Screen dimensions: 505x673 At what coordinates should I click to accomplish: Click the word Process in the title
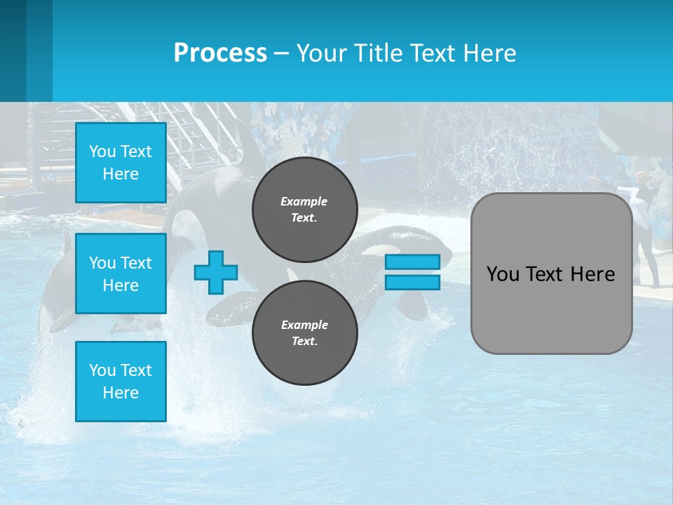tap(220, 53)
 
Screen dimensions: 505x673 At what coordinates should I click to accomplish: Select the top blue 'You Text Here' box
tap(121, 163)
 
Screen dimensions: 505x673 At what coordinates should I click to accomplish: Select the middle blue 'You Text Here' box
tap(121, 274)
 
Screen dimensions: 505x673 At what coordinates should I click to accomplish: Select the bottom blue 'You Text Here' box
tap(121, 382)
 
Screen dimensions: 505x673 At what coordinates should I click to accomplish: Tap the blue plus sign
tap(216, 272)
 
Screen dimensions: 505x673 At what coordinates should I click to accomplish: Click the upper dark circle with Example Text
tap(304, 209)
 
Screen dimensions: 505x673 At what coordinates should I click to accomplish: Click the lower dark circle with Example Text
tap(304, 332)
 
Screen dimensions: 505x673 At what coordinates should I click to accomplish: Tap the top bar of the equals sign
tap(412, 262)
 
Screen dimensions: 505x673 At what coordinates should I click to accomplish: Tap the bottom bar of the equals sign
tap(412, 282)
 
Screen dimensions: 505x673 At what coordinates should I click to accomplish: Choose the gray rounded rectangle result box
tap(551, 274)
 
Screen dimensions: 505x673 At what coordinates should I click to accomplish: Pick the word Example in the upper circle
tap(304, 201)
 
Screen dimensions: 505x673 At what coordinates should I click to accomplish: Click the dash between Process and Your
tap(281, 53)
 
